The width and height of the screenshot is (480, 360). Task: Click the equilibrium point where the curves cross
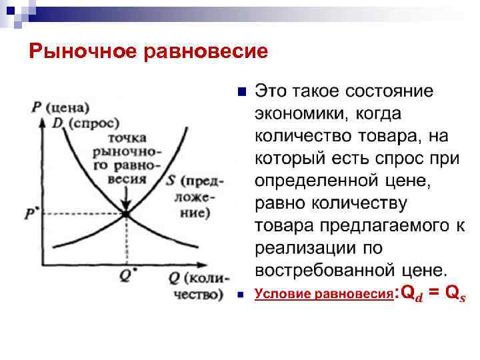point(125,214)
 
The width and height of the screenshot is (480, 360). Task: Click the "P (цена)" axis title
point(61,107)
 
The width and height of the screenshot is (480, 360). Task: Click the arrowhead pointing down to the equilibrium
point(125,204)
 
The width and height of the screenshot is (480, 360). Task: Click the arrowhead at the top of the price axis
point(44,122)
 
